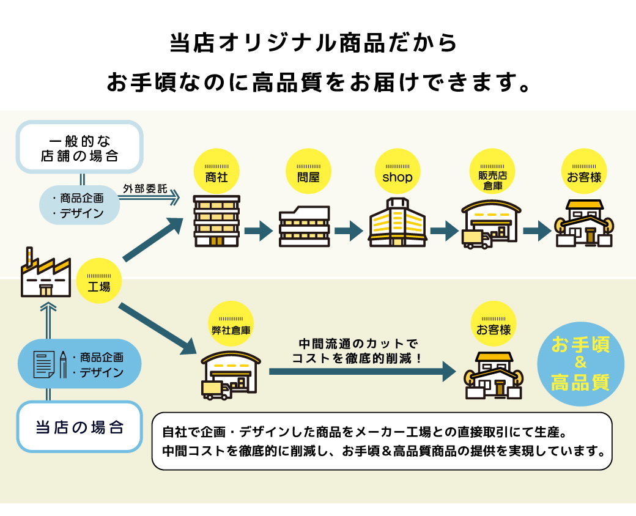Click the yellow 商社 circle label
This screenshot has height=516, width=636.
click(217, 172)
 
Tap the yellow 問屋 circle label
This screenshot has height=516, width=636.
click(308, 172)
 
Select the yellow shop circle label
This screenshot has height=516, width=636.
click(398, 172)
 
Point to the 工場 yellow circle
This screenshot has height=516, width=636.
click(99, 281)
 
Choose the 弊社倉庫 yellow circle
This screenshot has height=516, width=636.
click(230, 324)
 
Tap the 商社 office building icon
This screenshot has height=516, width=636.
click(216, 221)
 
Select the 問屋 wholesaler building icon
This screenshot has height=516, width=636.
click(305, 226)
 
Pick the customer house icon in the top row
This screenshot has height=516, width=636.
click(584, 223)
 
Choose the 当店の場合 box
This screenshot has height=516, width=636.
click(79, 426)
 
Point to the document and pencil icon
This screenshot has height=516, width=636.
click(49, 364)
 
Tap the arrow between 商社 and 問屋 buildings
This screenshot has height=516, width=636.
click(257, 231)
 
